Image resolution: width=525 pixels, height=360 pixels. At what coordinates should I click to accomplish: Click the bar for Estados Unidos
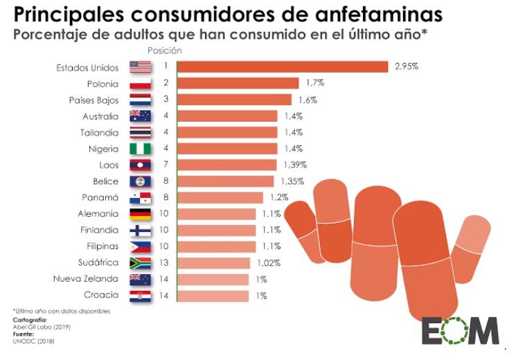(x=283, y=67)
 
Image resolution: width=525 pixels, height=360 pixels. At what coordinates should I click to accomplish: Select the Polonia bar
(x=238, y=84)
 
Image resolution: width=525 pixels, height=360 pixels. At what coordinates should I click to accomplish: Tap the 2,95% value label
(x=407, y=67)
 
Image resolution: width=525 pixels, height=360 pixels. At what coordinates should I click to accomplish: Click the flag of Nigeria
(x=140, y=149)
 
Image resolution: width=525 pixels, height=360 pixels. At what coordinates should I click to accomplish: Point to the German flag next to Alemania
(x=140, y=214)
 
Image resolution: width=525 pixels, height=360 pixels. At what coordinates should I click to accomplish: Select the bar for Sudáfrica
(x=214, y=263)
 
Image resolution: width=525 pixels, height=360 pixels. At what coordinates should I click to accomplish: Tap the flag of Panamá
(x=140, y=198)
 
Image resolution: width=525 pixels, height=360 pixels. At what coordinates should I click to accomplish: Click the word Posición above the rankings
(x=165, y=51)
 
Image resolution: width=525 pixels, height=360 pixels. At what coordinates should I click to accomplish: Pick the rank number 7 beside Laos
(x=166, y=165)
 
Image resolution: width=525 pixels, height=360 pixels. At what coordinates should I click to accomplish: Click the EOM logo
(x=460, y=330)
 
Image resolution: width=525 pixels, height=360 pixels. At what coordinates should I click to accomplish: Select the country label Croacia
(x=100, y=296)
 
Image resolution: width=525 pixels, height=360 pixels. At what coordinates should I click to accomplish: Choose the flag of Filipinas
(x=140, y=246)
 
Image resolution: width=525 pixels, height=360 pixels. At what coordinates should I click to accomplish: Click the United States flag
(x=140, y=67)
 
